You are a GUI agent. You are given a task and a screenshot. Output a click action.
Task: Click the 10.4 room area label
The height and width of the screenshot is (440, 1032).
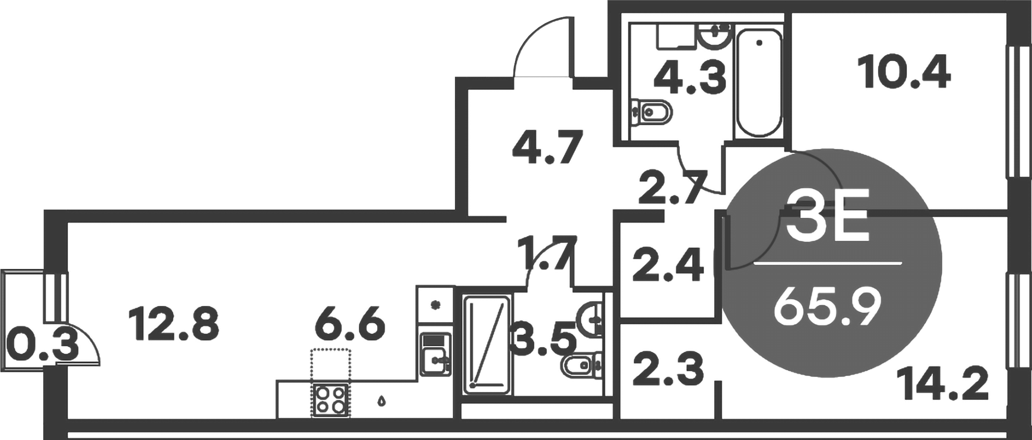click(x=906, y=74)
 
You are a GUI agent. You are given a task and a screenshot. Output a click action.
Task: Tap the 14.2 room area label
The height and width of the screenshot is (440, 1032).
click(x=943, y=384)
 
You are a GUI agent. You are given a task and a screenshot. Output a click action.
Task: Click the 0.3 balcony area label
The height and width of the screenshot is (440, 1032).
click(x=40, y=346)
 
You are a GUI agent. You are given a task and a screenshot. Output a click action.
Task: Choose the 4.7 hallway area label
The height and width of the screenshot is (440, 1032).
click(x=547, y=148)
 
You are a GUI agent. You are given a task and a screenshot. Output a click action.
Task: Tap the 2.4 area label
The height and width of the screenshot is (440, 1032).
click(x=668, y=265)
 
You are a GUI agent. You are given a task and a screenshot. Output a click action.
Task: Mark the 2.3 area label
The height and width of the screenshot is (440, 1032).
click(x=668, y=369)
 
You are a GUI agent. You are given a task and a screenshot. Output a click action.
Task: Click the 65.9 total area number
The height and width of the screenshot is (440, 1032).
click(x=827, y=308)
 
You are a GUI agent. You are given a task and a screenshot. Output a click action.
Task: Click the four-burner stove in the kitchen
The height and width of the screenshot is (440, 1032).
click(x=331, y=400)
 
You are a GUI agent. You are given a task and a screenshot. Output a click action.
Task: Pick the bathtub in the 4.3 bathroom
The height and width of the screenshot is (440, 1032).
click(x=759, y=82)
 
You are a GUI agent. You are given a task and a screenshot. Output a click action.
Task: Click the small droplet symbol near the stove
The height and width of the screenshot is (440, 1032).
click(x=382, y=401)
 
